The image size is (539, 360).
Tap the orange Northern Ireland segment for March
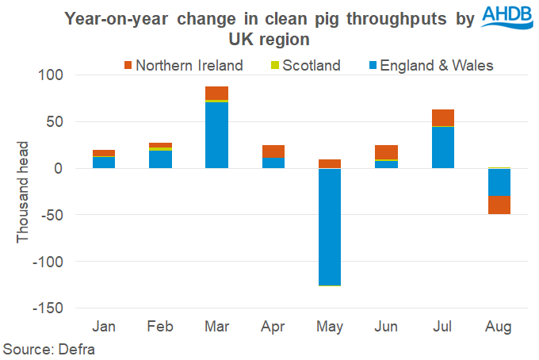[x=216, y=93]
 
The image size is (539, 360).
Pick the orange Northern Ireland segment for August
[x=499, y=205]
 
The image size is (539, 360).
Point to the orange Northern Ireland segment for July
[x=442, y=117]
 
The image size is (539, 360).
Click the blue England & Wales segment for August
[x=499, y=182]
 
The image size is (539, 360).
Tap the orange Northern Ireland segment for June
[x=386, y=152]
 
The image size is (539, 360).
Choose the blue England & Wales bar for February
[x=160, y=159]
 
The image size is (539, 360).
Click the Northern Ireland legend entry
[x=183, y=65]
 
